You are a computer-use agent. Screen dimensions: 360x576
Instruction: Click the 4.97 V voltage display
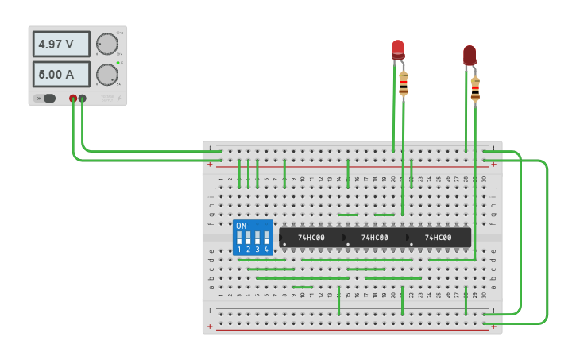coord(61,45)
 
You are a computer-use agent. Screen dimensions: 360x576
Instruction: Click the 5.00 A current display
coord(61,75)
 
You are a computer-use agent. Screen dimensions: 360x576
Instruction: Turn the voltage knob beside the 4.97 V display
coord(106,45)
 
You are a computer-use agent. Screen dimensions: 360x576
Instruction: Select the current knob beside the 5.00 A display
coord(106,75)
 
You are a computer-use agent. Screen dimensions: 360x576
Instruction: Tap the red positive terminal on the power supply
coord(73,99)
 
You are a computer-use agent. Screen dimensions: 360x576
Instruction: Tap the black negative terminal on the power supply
coord(83,99)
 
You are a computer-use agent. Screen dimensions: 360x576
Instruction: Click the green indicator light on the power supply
coord(118,62)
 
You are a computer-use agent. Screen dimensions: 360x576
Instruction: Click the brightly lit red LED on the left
coord(398,49)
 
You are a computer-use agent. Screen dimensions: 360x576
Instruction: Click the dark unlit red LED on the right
coord(470,55)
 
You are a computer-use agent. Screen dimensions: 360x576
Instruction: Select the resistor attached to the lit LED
coord(404,83)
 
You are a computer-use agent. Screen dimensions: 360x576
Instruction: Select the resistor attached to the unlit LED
coord(475,89)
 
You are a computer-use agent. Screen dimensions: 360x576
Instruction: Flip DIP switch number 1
coord(239,238)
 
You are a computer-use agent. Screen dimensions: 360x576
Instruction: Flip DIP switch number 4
coord(266,238)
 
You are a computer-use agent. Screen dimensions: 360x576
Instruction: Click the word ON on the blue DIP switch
coord(242,226)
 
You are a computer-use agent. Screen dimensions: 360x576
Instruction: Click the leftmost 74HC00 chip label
coord(311,238)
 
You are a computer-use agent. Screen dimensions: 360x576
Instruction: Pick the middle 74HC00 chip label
coord(374,238)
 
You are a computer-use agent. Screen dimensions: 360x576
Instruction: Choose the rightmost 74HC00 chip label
coord(438,238)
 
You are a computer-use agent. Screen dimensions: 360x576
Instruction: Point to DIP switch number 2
coord(248,238)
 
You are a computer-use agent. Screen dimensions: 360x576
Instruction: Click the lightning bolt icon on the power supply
coord(118,99)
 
